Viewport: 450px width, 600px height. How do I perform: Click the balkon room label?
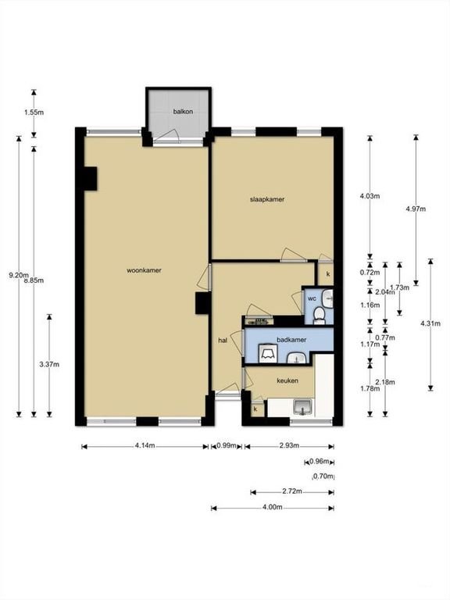pyautogui.click(x=183, y=112)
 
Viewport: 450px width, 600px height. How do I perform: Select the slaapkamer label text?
pyautogui.click(x=266, y=199)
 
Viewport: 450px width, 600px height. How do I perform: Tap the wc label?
pyautogui.click(x=311, y=298)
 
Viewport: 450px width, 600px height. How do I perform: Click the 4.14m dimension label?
pyautogui.click(x=144, y=446)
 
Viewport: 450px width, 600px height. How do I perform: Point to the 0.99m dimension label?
pyautogui.click(x=227, y=446)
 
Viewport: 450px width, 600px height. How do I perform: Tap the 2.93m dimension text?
pyautogui.click(x=288, y=446)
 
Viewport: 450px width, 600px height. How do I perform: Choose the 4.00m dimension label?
pyautogui.click(x=272, y=508)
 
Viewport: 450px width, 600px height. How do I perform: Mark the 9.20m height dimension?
pyautogui.click(x=17, y=275)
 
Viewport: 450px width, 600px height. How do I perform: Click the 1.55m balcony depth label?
pyautogui.click(x=33, y=112)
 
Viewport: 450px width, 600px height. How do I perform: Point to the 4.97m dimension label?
pyautogui.click(x=416, y=209)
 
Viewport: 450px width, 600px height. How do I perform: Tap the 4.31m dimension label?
pyautogui.click(x=430, y=323)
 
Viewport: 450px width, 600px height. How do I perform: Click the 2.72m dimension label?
pyautogui.click(x=291, y=492)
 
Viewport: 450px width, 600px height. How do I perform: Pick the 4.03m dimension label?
pyautogui.click(x=370, y=195)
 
